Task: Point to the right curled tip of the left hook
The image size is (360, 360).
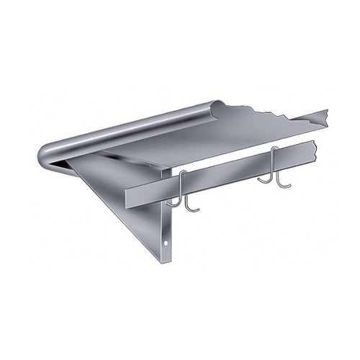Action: click(x=197, y=210)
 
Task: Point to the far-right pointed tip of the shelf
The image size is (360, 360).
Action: click(x=328, y=110)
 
